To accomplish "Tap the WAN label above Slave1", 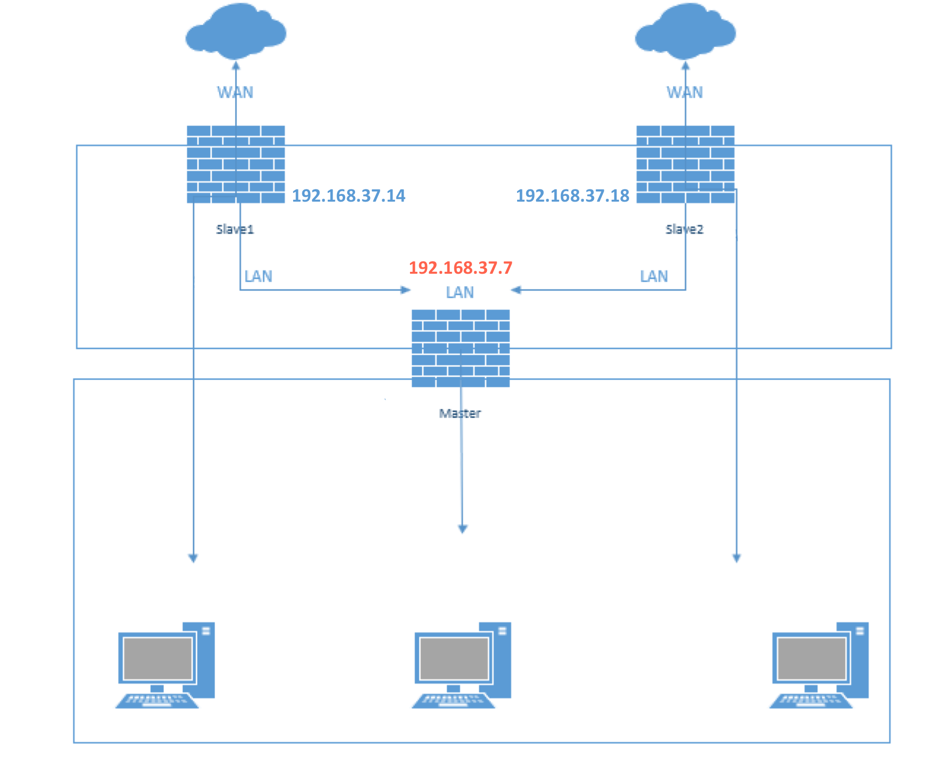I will pos(235,93).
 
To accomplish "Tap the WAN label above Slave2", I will pos(685,93).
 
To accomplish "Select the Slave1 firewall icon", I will pos(236,164).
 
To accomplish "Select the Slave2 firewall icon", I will pos(686,164).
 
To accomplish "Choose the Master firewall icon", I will pos(461,348).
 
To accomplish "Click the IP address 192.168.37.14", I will pos(349,196).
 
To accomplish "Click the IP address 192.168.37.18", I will pos(573,196).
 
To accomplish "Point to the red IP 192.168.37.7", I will pos(461,268).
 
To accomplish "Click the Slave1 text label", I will pos(235,229).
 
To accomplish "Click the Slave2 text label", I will pos(685,229).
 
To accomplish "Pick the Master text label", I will pos(460,414).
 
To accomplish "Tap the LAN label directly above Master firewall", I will pos(460,292).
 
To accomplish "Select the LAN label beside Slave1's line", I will pos(258,277).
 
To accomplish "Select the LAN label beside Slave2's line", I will pos(654,277).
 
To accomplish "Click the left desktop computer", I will pos(166,665).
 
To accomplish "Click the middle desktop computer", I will pos(462,665).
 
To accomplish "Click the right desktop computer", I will pos(819,665).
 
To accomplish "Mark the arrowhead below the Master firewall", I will pos(463,529).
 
